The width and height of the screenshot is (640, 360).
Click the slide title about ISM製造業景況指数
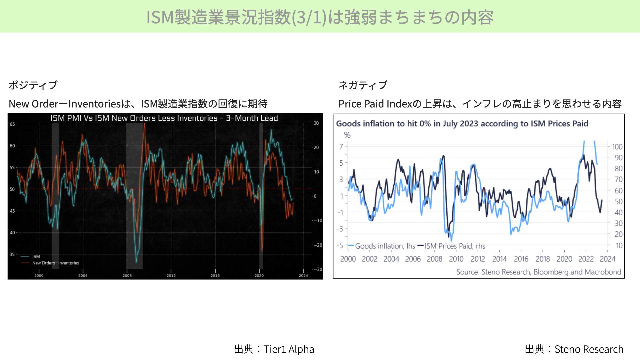pos(320,17)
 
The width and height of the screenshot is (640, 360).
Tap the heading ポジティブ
pos(33,85)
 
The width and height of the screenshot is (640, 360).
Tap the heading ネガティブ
pos(363,85)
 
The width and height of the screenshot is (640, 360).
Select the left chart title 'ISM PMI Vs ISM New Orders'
pos(164,118)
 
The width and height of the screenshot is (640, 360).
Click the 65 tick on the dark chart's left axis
pos(12,124)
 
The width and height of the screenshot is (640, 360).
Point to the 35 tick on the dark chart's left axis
pos(12,254)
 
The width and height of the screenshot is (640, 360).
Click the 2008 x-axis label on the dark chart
pos(127,276)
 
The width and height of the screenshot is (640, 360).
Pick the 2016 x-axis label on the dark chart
pos(215,276)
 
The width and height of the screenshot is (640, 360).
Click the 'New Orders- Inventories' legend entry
pos(50,263)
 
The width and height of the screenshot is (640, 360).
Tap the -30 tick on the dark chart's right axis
pos(318,269)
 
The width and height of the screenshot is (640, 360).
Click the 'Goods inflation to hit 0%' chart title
pos(462,124)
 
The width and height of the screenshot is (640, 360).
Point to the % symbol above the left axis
pos(347,135)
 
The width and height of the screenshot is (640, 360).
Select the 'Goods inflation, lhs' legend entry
pos(381,246)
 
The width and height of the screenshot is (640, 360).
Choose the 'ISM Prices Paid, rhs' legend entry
pos(451,246)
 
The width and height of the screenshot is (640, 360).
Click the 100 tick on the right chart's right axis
pos(617,147)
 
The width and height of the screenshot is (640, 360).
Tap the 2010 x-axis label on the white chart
pos(456,259)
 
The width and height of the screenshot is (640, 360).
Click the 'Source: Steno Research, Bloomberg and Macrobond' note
pos(539,272)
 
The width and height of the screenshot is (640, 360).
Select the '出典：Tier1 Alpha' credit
pos(274,349)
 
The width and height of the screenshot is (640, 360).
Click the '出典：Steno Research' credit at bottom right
pos(574,349)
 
